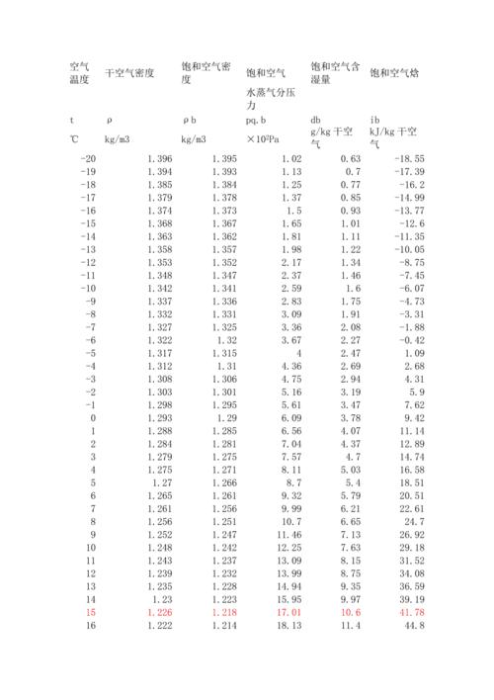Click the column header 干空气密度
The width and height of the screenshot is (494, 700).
tap(129, 72)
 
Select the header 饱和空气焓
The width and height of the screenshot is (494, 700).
tap(393, 72)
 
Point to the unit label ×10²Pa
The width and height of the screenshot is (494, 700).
tap(268, 136)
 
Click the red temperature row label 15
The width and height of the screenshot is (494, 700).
tap(92, 612)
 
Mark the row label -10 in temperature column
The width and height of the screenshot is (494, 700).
tap(88, 288)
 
